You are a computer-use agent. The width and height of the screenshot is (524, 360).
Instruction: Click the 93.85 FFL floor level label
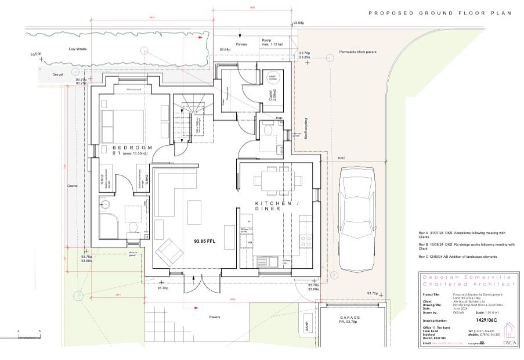(x=204, y=241)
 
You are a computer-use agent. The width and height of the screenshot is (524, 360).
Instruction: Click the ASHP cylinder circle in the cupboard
(x=272, y=78)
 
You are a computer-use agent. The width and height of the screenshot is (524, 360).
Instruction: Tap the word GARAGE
(x=350, y=318)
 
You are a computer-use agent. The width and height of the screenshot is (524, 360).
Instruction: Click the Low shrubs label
(x=77, y=49)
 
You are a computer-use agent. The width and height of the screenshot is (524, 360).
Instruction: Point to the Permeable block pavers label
(x=357, y=52)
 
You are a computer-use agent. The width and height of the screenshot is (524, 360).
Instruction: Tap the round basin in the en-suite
(x=106, y=203)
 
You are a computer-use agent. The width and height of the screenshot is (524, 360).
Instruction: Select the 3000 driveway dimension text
(x=341, y=158)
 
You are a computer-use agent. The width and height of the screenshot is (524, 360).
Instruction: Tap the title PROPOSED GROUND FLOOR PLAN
(x=440, y=13)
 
